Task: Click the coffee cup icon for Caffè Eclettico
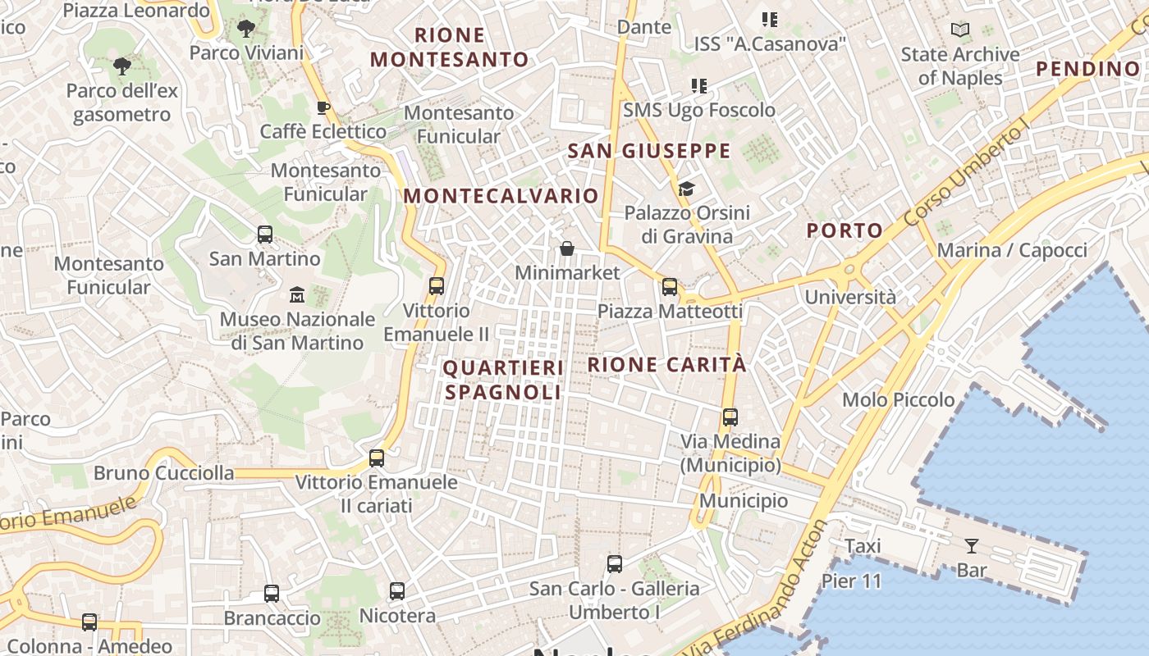(323, 107)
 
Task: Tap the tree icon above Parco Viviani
(245, 30)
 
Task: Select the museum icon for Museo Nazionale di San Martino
(297, 294)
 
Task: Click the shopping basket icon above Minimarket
(566, 248)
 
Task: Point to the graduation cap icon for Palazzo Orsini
(686, 189)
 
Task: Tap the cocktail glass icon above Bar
(972, 545)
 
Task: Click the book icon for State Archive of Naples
(959, 30)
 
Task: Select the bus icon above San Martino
(265, 235)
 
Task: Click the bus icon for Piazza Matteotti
(670, 287)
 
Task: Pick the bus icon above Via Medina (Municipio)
(730, 417)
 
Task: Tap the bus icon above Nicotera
(397, 591)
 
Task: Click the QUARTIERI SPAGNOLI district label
(504, 380)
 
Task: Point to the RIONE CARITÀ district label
(667, 364)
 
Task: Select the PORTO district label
(844, 230)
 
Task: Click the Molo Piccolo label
(899, 399)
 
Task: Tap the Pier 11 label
(851, 581)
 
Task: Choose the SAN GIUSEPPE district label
(649, 151)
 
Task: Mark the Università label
(850, 297)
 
